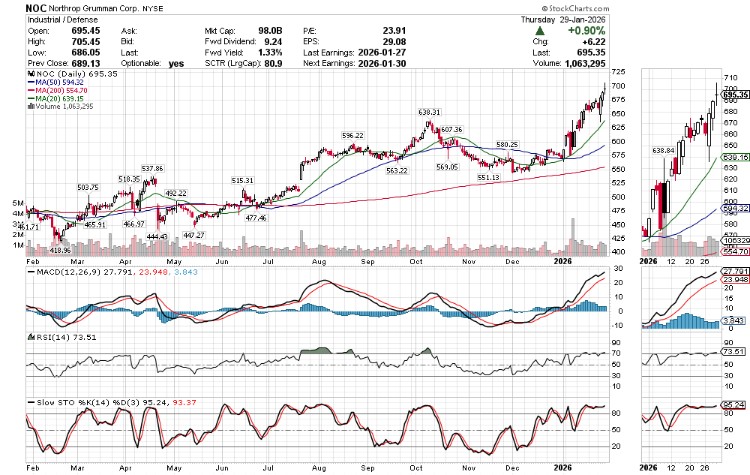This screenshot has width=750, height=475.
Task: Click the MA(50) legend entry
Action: (55, 83)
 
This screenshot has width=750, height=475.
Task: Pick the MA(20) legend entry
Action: (55, 98)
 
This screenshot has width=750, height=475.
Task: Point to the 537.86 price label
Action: (152, 168)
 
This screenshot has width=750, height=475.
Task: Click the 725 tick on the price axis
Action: (618, 72)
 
